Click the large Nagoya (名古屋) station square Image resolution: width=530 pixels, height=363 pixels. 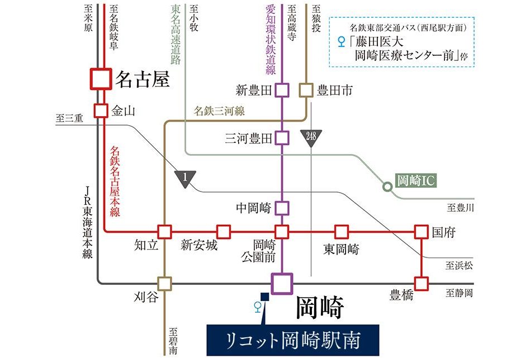point(101,79)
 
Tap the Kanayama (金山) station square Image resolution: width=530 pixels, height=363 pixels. point(101,111)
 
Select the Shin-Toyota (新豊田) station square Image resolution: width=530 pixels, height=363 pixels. point(282,90)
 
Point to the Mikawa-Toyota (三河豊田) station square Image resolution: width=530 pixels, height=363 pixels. point(282,137)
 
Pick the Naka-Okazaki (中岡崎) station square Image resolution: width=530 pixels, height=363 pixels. point(282,208)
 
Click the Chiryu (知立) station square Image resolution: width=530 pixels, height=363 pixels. point(164,231)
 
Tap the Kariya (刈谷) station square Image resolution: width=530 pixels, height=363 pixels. point(164,283)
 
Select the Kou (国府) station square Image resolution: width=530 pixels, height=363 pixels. point(421,231)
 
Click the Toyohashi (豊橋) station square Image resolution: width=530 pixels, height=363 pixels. point(421,283)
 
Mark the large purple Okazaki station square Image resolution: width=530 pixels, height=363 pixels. point(282,283)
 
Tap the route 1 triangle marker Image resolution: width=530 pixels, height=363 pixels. point(186,178)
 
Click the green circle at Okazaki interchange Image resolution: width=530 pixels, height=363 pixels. point(387,187)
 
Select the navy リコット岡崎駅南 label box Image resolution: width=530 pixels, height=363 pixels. point(293,340)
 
